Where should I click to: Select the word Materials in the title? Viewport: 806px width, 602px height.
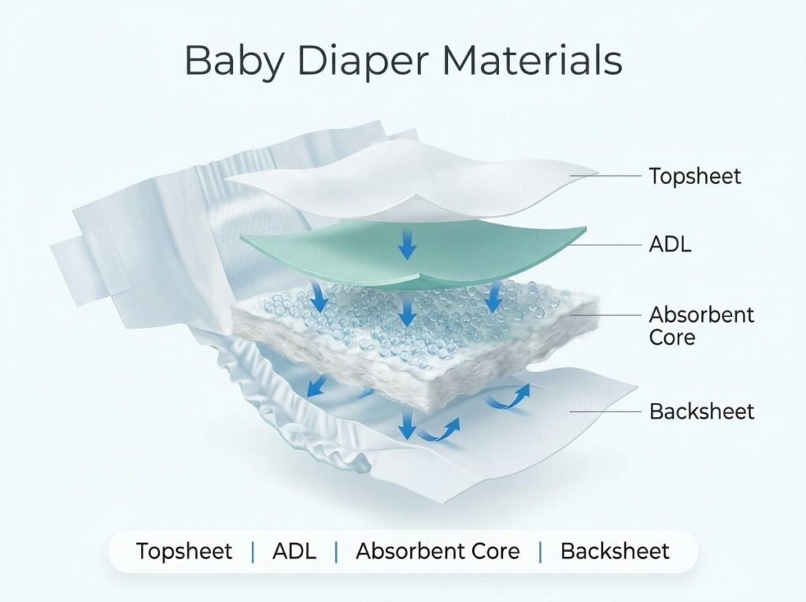532,60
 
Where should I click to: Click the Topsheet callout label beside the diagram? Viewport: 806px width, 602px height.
694,175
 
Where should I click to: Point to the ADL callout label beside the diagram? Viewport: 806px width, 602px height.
670,244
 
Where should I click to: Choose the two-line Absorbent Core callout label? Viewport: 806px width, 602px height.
701,326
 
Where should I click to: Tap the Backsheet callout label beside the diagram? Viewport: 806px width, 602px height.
701,412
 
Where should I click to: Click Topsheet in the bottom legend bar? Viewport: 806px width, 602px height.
183,551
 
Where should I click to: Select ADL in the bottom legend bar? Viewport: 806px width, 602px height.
294,551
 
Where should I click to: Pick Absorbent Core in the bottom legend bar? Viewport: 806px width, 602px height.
438,551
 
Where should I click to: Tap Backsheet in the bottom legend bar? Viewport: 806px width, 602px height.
615,551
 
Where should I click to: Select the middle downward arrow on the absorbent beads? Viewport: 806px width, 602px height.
407,311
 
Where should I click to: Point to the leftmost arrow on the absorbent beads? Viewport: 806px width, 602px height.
320,297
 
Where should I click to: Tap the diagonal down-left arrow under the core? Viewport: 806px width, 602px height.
316,386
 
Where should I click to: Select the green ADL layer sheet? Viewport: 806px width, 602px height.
414,252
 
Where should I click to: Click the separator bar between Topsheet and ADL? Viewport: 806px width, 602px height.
253,552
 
